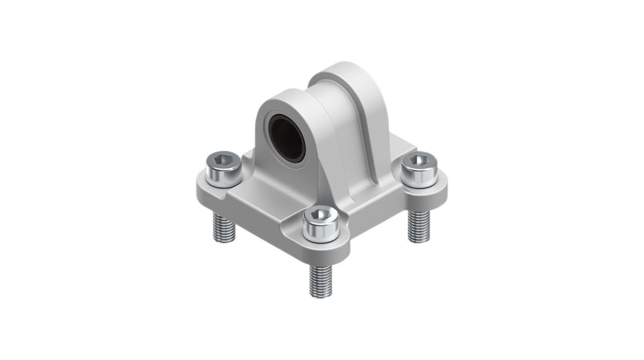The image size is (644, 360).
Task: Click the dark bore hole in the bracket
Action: [x=290, y=135]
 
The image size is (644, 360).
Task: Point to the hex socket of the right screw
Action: [x=417, y=160]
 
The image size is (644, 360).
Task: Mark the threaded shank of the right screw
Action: [x=417, y=224]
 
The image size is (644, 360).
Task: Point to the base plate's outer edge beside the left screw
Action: [x=201, y=186]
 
